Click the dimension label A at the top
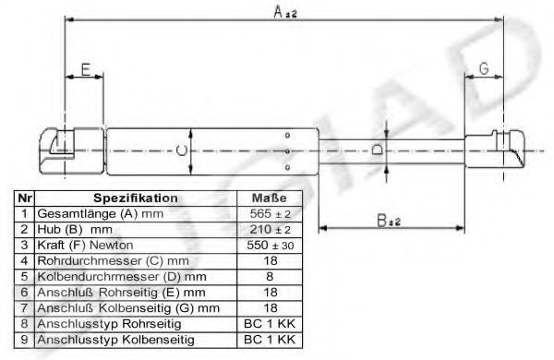pos(284,12)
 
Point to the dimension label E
pos(86,69)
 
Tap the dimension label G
pos(484,68)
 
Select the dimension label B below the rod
pos(389,222)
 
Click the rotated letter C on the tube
pos(181,150)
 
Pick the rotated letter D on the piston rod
pos(378,150)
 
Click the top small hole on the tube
pos(287,135)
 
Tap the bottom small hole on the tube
pos(287,167)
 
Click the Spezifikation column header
pos(136,198)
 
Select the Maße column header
pos(270,198)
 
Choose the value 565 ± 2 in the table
pos(271,214)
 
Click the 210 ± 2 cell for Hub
pos(271,230)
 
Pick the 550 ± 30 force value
pos(271,246)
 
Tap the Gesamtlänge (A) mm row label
pos(101,214)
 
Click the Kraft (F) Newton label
pos(85,246)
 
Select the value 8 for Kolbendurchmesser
pos(270,277)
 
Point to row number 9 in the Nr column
pos(24,340)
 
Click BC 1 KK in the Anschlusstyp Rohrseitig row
pos(270,324)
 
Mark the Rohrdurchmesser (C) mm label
pos(113,261)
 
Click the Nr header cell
pos(24,198)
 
